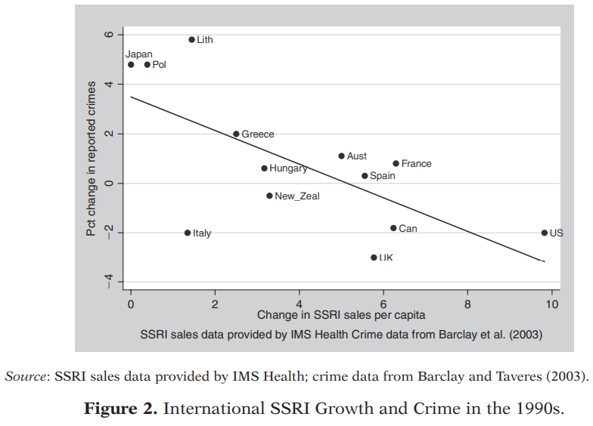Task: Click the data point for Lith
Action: (191, 40)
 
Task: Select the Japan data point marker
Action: (131, 65)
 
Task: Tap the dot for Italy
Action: (188, 233)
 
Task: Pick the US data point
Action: (545, 233)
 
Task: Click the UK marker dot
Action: (374, 258)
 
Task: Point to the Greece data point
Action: (236, 134)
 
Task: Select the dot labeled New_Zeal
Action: (269, 196)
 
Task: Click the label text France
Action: (416, 163)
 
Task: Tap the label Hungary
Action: (288, 168)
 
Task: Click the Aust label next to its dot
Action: (356, 156)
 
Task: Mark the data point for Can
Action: (393, 228)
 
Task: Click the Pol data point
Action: (147, 65)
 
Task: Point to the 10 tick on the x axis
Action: (551, 304)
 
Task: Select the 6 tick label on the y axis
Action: (108, 35)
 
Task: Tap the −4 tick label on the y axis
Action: (108, 282)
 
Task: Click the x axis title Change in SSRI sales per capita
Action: (341, 315)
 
